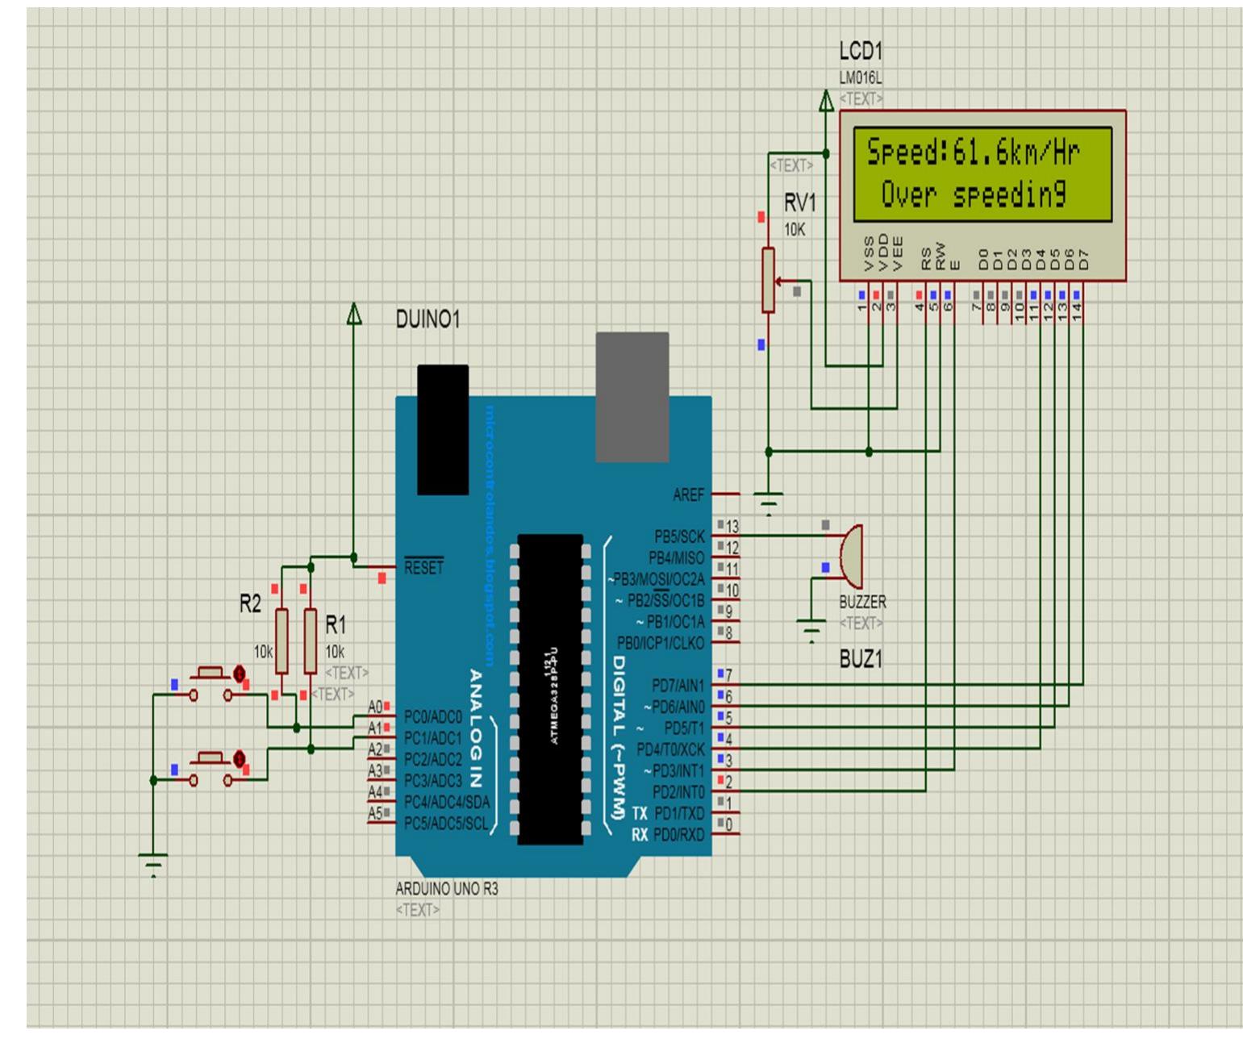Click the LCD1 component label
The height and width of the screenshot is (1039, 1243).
tap(861, 52)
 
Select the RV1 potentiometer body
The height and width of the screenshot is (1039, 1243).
tap(768, 281)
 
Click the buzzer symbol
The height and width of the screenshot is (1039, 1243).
tap(850, 556)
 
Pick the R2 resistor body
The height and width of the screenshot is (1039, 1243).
tap(282, 641)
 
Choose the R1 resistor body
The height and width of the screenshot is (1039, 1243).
tap(310, 641)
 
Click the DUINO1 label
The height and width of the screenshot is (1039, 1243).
tap(428, 320)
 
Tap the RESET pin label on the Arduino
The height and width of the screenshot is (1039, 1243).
tap(423, 568)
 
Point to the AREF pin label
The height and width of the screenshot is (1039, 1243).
tap(688, 494)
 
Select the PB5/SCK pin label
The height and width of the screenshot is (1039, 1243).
tap(681, 536)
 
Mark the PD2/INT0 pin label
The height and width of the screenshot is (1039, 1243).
tap(678, 791)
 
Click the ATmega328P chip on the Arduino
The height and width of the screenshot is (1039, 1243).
tap(550, 690)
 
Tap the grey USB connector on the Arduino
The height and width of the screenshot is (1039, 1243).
tap(632, 397)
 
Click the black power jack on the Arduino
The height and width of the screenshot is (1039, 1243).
tap(442, 429)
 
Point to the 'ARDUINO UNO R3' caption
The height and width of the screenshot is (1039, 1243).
tap(447, 890)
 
